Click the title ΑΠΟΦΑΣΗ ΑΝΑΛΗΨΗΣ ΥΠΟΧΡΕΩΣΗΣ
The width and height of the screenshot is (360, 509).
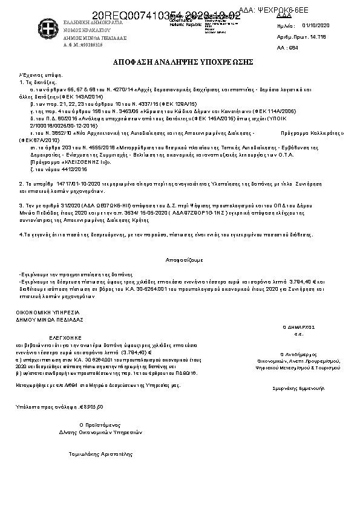(183, 62)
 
